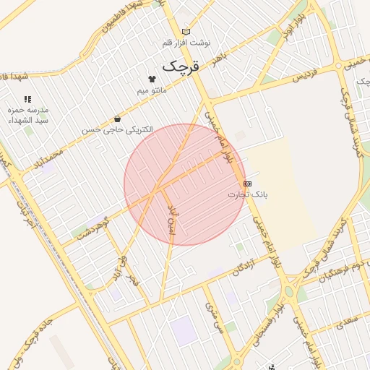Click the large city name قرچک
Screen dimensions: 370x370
point(180,66)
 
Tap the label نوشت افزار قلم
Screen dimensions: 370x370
point(186,43)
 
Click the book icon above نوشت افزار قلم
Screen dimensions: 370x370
point(186,32)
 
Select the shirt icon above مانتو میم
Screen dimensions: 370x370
point(152,79)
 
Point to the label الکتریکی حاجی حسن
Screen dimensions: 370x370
point(117,129)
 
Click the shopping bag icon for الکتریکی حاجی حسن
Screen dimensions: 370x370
point(117,119)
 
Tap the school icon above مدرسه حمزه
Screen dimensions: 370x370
point(28,99)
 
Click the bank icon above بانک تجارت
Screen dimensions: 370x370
point(248,184)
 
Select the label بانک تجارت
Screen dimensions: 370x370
point(248,194)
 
